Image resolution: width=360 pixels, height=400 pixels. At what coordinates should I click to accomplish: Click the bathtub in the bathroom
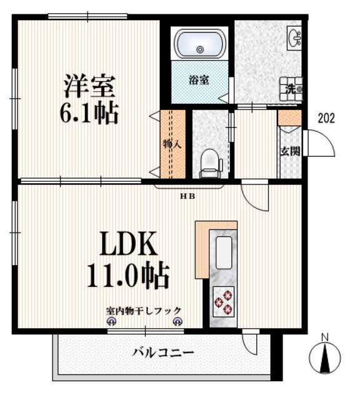point(200,44)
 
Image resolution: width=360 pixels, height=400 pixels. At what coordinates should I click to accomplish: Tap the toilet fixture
point(211,164)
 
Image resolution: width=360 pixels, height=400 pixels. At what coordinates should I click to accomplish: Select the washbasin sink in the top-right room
point(294,37)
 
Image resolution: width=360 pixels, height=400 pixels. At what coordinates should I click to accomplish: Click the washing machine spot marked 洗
point(291,89)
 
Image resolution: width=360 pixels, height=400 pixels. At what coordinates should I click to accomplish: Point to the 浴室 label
point(199,80)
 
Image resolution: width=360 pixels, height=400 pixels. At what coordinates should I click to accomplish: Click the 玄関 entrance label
point(291,151)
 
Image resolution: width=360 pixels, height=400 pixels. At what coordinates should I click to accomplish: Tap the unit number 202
point(326,118)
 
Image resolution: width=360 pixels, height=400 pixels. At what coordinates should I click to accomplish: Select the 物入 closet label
point(172,144)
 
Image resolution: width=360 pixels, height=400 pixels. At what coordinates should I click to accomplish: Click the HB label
point(187,196)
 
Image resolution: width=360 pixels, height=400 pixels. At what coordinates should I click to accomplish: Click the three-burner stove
point(224,302)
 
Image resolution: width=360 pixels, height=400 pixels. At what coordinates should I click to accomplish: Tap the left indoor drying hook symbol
point(111,322)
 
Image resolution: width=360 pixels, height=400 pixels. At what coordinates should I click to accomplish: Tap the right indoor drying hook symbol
point(177,322)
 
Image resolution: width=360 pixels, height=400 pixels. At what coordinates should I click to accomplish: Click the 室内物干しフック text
point(144,311)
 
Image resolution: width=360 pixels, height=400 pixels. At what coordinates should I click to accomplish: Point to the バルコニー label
point(163,352)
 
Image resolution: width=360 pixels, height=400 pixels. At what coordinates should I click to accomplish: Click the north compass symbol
point(325,357)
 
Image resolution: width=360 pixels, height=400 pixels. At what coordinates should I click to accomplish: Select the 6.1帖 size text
point(89,113)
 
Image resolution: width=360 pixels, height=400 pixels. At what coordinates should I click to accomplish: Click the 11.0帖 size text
point(128,276)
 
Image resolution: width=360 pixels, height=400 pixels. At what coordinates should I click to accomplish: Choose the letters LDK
point(128,244)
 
